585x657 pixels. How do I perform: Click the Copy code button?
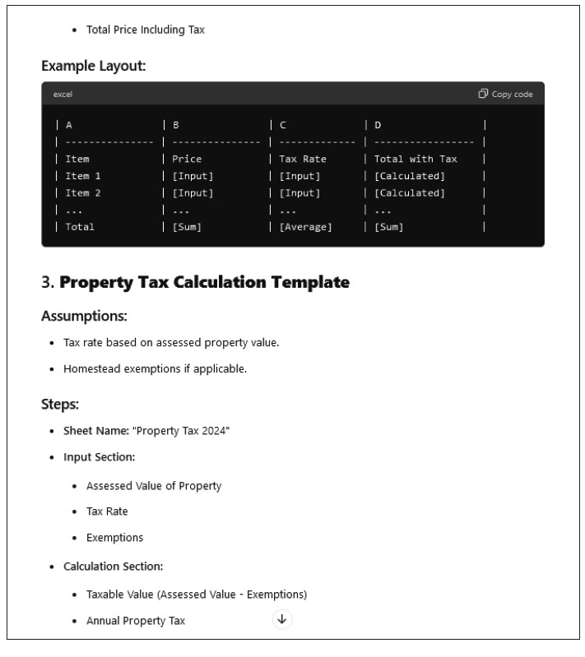click(x=505, y=94)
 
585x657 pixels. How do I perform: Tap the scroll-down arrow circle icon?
click(x=281, y=619)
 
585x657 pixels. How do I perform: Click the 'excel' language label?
click(x=63, y=95)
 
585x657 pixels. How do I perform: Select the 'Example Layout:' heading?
click(x=93, y=66)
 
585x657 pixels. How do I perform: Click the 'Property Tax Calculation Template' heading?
click(x=204, y=282)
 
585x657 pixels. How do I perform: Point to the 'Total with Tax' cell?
click(x=416, y=159)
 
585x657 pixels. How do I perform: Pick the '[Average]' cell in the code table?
click(x=305, y=226)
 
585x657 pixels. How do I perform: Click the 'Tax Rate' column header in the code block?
click(x=303, y=159)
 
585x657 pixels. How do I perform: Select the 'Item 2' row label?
click(x=77, y=192)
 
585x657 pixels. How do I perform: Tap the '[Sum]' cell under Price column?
click(x=187, y=226)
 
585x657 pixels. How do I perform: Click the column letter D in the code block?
click(x=378, y=125)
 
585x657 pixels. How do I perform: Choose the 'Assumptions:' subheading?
click(x=84, y=316)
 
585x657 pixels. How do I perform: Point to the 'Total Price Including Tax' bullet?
click(x=145, y=30)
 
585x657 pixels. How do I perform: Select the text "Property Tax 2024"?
click(x=180, y=431)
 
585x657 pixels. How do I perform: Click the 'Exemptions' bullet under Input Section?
click(x=114, y=538)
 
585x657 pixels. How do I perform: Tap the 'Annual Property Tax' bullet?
click(x=135, y=621)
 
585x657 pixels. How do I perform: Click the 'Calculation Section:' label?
click(x=113, y=567)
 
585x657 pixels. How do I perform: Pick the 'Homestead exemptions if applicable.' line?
click(x=155, y=368)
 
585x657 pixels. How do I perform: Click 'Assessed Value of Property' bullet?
click(x=153, y=486)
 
